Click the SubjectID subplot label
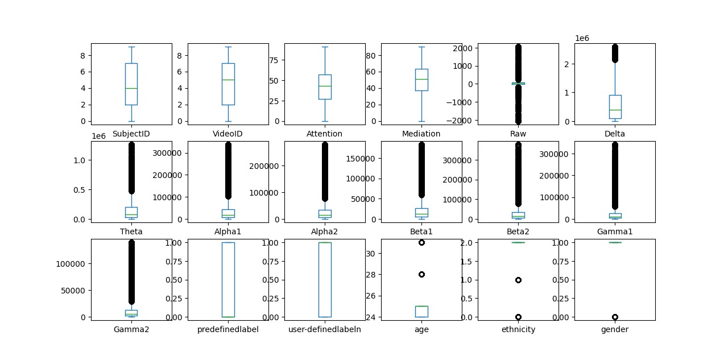point(131,134)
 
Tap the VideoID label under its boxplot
point(227,134)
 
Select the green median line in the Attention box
point(325,86)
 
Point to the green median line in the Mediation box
point(421,79)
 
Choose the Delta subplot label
point(615,134)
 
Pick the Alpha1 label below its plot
point(227,231)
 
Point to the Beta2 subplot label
point(518,231)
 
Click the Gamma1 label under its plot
point(615,231)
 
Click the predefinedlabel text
point(227,329)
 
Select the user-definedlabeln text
point(325,329)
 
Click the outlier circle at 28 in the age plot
point(421,274)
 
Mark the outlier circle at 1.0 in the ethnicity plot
point(518,280)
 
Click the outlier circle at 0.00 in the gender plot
point(615,317)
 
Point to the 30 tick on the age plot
point(369,253)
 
